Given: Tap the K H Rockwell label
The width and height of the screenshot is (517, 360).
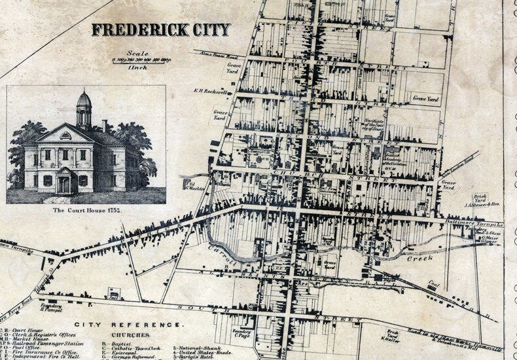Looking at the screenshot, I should click(x=206, y=91).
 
